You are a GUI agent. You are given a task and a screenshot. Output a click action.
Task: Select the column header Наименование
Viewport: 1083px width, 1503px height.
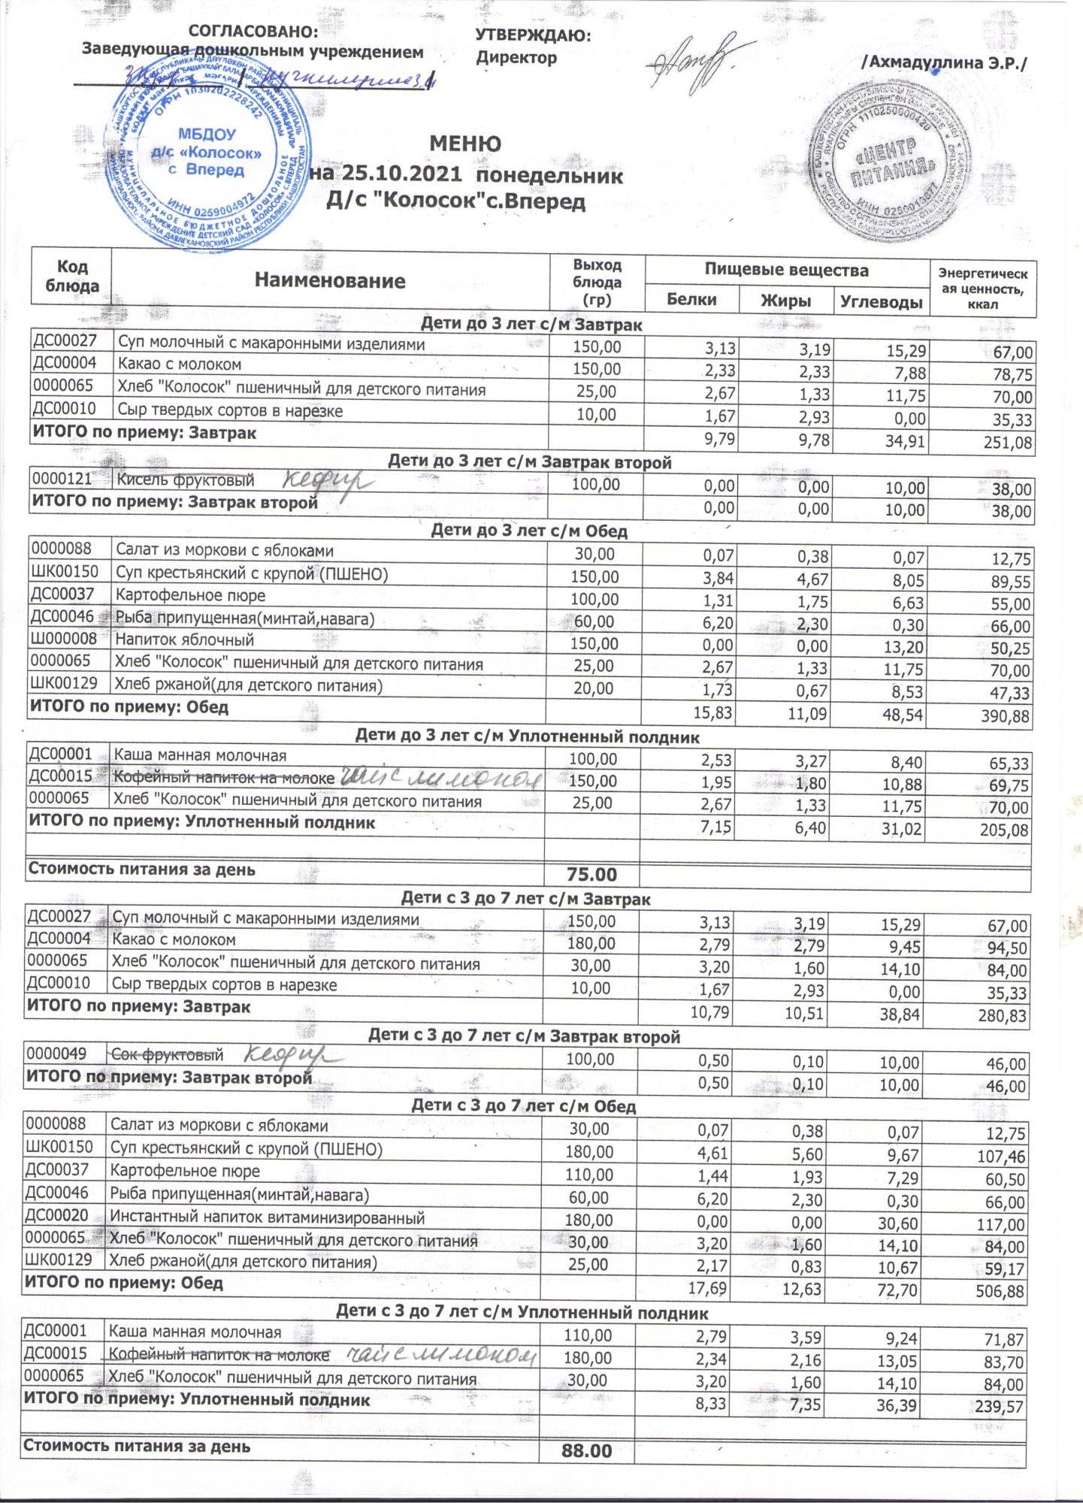tap(330, 281)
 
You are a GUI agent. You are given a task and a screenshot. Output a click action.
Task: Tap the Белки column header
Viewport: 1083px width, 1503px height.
tap(691, 300)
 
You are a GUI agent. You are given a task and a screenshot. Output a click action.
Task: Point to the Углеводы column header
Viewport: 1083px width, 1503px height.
tap(881, 302)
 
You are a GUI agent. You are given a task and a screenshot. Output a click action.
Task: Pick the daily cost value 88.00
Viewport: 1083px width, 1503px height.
tap(587, 1452)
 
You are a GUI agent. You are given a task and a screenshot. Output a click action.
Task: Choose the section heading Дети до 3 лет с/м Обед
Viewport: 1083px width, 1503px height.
tap(528, 531)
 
